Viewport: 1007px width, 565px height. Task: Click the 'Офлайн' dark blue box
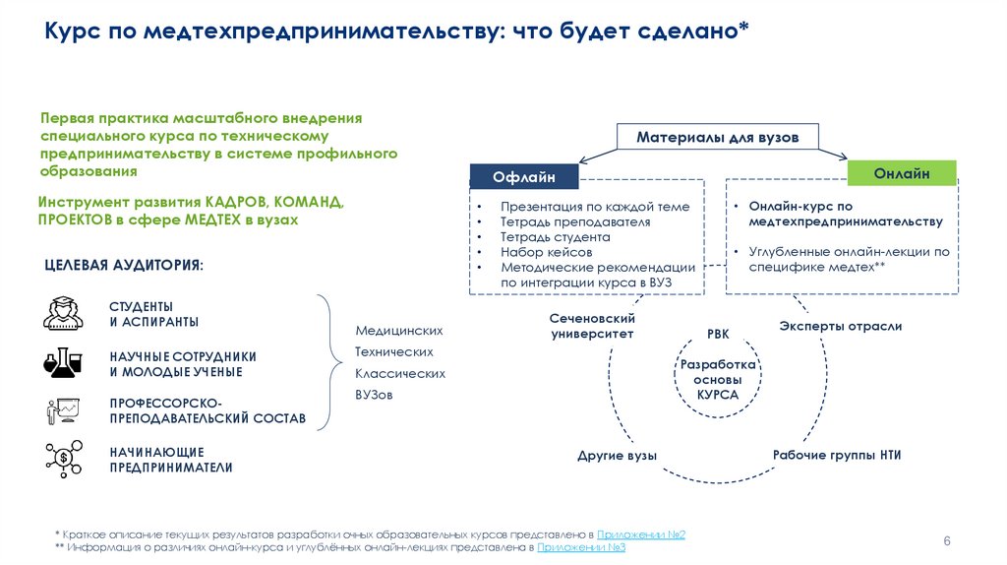pyautogui.click(x=524, y=176)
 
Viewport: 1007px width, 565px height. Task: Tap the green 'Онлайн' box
pyautogui.click(x=901, y=173)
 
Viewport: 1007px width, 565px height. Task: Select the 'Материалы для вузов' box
pyautogui.click(x=717, y=137)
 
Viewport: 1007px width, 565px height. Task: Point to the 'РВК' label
pyautogui.click(x=718, y=336)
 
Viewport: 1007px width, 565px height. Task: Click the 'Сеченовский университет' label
pyautogui.click(x=591, y=327)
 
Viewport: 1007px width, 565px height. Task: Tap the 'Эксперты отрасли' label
pyautogui.click(x=840, y=326)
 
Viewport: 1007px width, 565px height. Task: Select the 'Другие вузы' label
pyautogui.click(x=617, y=455)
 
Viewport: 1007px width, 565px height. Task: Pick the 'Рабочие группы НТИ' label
pyautogui.click(x=837, y=455)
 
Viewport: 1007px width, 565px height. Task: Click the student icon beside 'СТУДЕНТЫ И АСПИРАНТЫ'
pyautogui.click(x=64, y=312)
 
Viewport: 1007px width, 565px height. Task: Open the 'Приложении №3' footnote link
pyautogui.click(x=582, y=547)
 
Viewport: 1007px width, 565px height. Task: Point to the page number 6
pyautogui.click(x=947, y=541)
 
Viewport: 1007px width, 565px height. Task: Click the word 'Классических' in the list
pyautogui.click(x=400, y=374)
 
